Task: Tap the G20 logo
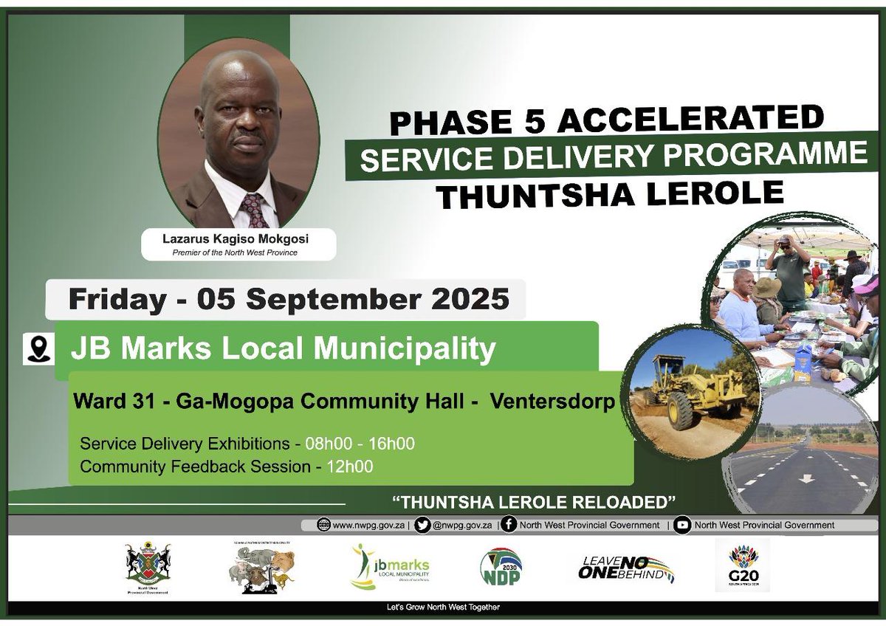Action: tap(741, 565)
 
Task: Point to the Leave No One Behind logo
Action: tap(626, 568)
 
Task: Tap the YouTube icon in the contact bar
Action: tap(683, 525)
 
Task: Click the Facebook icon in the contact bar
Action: tap(508, 525)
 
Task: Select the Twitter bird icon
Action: tap(422, 525)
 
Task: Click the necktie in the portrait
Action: tap(253, 210)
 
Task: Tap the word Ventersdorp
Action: tap(552, 404)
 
